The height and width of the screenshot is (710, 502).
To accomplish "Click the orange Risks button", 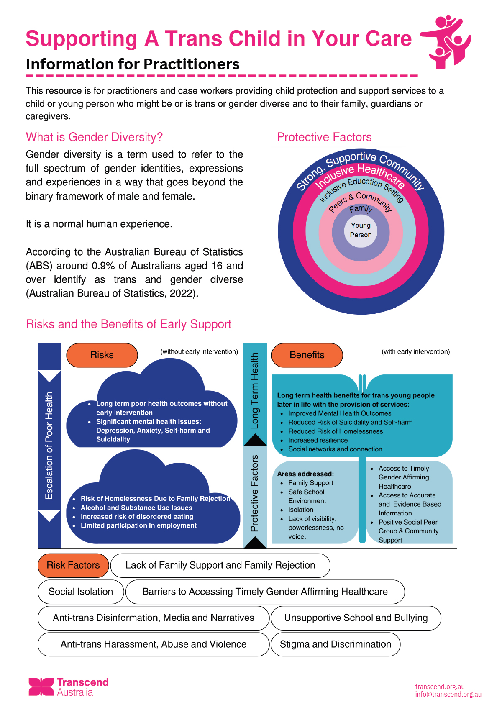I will [x=102, y=355].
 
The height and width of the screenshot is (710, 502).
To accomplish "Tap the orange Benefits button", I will [x=307, y=355].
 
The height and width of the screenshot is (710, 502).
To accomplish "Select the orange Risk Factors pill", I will [x=73, y=565].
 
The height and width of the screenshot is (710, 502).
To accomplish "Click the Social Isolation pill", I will [x=81, y=592].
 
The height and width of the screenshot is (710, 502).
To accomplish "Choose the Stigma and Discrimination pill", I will [x=336, y=644].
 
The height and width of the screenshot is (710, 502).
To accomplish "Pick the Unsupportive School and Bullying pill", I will [x=356, y=618].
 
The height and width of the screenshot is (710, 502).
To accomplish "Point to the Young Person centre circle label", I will [x=361, y=230].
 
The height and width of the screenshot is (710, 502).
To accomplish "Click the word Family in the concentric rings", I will [x=361, y=209].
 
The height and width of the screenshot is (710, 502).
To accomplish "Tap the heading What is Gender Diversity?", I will [x=94, y=137].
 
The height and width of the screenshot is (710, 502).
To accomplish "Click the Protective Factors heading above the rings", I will [x=324, y=137].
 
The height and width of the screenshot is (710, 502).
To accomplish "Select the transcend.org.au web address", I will [x=440, y=687].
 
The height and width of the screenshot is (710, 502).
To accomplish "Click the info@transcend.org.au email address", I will [x=448, y=694].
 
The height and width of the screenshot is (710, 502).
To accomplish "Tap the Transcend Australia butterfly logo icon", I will [x=41, y=687].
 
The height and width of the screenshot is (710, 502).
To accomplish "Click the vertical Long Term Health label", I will [x=254, y=390].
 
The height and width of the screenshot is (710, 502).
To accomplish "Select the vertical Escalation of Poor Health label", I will [x=49, y=446].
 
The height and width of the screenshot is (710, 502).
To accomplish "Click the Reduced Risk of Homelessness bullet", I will [x=336, y=431].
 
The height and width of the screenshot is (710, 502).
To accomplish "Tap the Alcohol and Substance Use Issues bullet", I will [x=136, y=508].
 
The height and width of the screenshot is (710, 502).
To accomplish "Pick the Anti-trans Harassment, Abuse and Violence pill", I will [x=153, y=644].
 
